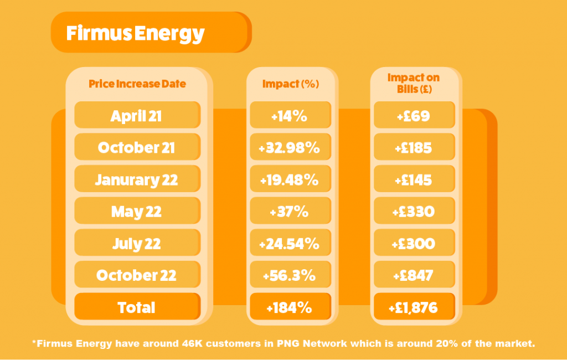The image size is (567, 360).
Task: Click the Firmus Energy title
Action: tap(135, 34)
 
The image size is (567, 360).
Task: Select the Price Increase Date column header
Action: tap(137, 84)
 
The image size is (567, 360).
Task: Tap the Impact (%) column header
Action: tap(290, 84)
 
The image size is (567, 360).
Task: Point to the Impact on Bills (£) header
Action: tap(414, 83)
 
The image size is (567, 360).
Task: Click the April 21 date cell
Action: tap(137, 115)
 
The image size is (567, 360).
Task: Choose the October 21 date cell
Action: tap(137, 147)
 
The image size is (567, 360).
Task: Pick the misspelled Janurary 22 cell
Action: tap(137, 179)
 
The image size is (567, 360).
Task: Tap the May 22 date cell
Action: tap(137, 210)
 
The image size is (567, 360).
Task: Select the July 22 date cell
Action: tap(137, 243)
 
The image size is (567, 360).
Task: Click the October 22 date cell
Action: tap(137, 274)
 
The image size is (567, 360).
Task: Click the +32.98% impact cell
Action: tap(290, 147)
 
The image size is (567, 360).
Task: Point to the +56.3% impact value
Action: tap(289, 276)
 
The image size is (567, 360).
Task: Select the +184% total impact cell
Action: tap(290, 306)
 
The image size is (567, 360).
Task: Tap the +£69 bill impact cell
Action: tap(414, 115)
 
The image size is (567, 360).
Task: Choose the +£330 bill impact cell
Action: tap(414, 210)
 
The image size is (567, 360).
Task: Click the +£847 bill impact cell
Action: tap(414, 274)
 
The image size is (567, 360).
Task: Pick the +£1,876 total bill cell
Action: tap(414, 306)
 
